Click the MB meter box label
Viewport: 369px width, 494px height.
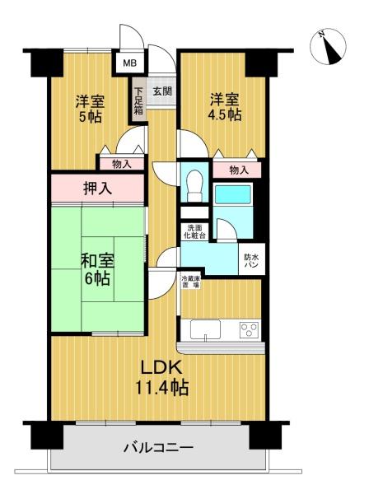pyautogui.click(x=129, y=63)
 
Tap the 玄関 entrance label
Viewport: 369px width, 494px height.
pyautogui.click(x=162, y=91)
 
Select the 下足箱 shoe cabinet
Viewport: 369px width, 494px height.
pyautogui.click(x=139, y=100)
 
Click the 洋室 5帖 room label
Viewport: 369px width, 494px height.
pyautogui.click(x=90, y=109)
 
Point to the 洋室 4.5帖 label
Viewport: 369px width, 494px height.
pyautogui.click(x=225, y=107)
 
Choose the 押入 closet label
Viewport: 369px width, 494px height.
pyautogui.click(x=97, y=188)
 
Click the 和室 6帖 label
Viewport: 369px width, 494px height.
pyautogui.click(x=97, y=269)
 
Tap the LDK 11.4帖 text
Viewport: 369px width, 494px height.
pyautogui.click(x=162, y=378)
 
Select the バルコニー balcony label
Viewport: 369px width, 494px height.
pyautogui.click(x=158, y=447)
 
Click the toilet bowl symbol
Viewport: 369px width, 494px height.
pyautogui.click(x=194, y=185)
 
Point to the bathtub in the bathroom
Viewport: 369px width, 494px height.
pyautogui.click(x=233, y=194)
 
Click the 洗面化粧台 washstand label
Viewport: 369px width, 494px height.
pyautogui.click(x=194, y=231)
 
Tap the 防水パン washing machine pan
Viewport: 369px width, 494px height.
pyautogui.click(x=252, y=259)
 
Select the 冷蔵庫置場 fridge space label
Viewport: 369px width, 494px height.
pyautogui.click(x=190, y=282)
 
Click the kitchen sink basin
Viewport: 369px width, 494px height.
pyautogui.click(x=205, y=330)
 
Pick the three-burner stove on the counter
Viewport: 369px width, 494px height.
pyautogui.click(x=250, y=330)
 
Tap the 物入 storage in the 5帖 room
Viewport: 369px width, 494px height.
pyautogui.click(x=122, y=164)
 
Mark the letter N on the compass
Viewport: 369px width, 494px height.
pyautogui.click(x=322, y=34)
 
